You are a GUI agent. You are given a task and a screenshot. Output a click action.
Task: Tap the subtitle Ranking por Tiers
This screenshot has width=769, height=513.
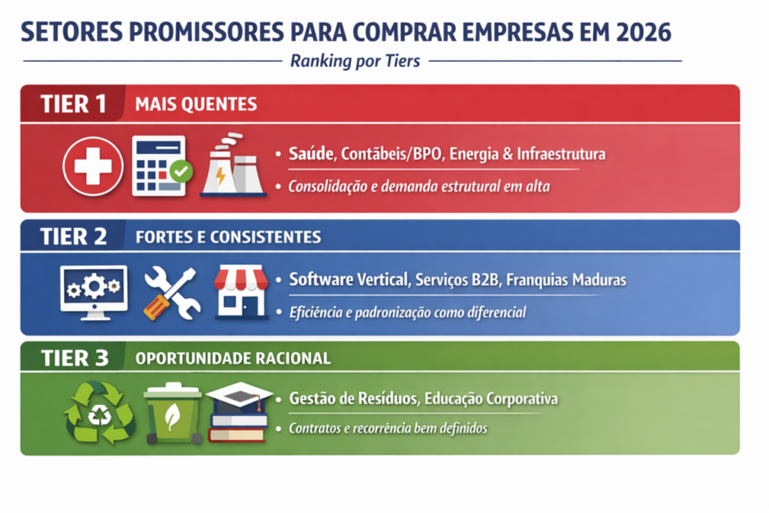coord(355,61)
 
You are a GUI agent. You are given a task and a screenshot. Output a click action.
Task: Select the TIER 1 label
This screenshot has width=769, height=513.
coord(74,103)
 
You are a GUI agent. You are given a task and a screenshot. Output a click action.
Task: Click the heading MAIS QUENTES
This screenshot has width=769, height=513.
coord(196,104)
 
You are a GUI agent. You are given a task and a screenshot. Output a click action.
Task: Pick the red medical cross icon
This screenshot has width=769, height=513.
coord(93,167)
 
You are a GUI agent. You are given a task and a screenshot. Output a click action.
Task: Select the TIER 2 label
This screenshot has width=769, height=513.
coord(74,236)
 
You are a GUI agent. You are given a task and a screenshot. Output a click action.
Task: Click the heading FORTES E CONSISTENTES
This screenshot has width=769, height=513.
coord(228,237)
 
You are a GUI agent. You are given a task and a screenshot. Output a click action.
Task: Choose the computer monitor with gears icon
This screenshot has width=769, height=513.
coord(93,290)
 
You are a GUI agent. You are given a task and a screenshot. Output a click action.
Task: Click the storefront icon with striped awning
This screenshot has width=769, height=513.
coord(240,292)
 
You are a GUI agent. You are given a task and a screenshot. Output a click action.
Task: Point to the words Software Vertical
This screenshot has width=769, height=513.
coord(349,280)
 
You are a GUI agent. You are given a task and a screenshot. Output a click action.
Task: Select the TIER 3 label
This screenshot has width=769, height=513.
coord(74,357)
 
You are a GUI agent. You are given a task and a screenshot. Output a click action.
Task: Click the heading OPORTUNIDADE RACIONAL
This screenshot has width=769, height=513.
coord(233,358)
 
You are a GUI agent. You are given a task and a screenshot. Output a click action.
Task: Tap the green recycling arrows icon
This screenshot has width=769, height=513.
coord(99,412)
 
